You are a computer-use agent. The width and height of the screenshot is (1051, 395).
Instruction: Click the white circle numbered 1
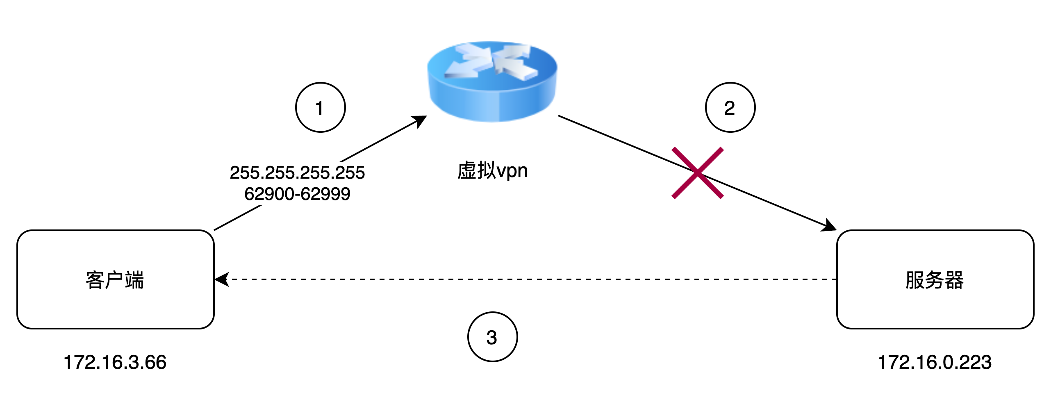pyautogui.click(x=320, y=107)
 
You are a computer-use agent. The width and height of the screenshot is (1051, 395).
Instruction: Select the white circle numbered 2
pyautogui.click(x=730, y=107)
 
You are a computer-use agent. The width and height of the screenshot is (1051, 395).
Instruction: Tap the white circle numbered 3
pyautogui.click(x=492, y=337)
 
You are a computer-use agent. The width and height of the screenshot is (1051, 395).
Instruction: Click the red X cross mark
pyautogui.click(x=698, y=173)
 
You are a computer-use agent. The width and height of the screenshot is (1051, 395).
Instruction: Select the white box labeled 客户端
pyautogui.click(x=115, y=279)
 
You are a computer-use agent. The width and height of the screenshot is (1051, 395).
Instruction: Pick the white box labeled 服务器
pyautogui.click(x=935, y=279)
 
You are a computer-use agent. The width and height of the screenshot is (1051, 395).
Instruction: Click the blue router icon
pyautogui.click(x=492, y=82)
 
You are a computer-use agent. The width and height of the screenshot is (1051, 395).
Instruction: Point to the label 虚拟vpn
pyautogui.click(x=492, y=170)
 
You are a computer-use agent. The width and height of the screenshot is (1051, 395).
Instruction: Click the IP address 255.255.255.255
pyautogui.click(x=297, y=173)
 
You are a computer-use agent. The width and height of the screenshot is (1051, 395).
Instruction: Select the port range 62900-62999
pyautogui.click(x=297, y=194)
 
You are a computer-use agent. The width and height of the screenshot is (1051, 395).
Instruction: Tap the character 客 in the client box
pyautogui.click(x=95, y=280)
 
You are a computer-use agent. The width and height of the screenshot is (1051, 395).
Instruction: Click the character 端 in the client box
pyautogui.click(x=134, y=280)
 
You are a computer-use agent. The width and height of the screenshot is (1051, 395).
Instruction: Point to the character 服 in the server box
pyautogui.click(x=915, y=280)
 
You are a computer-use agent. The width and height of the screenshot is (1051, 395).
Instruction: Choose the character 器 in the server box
pyautogui.click(x=954, y=280)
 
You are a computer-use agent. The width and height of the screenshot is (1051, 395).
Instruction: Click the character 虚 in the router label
pyautogui.click(x=466, y=170)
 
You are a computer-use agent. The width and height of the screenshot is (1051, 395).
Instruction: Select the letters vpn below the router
pyautogui.click(x=512, y=171)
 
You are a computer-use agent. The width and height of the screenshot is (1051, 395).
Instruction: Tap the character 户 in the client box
pyautogui.click(x=115, y=280)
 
